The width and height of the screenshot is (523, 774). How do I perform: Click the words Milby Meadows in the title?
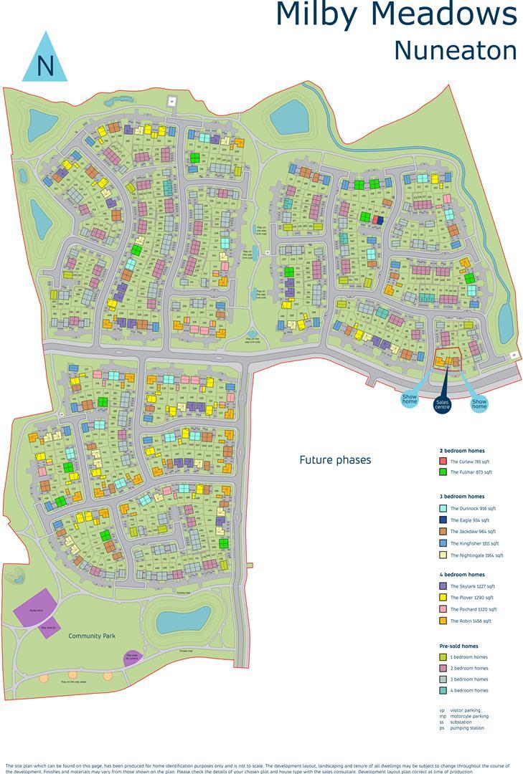395,16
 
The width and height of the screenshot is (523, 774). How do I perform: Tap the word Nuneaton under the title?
455,50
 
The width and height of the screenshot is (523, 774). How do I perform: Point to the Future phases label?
335,460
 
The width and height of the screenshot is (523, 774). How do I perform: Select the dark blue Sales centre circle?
442,404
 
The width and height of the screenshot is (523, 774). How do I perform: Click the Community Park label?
92,636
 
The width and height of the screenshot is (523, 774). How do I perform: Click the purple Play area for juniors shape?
131,656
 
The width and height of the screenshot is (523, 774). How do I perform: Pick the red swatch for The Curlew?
443,462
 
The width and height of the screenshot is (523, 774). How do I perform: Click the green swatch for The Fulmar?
443,473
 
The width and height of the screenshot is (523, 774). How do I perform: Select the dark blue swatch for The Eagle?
443,520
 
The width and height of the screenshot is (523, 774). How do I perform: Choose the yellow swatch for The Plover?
443,598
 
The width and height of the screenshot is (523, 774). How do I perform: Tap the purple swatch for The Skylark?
443,586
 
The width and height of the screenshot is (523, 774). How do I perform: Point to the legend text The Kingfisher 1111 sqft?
474,543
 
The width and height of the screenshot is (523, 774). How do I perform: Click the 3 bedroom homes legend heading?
461,497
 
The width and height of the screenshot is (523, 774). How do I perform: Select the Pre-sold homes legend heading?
458,646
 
